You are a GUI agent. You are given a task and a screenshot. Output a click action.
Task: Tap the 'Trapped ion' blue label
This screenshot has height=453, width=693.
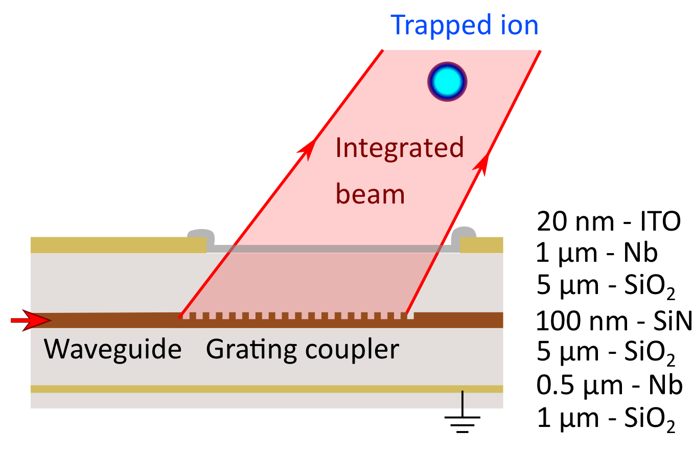tap(464, 25)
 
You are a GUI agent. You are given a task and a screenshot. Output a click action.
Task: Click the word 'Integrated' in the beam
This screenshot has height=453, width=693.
tap(399, 149)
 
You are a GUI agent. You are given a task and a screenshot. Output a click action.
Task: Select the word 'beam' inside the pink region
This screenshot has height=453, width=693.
tap(370, 194)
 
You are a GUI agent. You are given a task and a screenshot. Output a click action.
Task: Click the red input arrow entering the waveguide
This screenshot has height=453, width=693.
tap(31, 321)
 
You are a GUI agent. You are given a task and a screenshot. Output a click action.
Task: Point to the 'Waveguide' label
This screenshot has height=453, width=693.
tap(112, 350)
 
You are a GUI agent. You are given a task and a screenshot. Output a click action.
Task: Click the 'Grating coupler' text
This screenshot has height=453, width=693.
tap(302, 350)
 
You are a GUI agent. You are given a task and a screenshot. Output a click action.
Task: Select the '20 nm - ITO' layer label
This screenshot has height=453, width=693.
tap(609, 223)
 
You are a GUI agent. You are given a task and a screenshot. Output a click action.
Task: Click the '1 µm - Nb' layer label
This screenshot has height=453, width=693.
tap(596, 254)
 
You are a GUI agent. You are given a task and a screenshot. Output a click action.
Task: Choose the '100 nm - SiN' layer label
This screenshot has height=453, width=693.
tap(613, 322)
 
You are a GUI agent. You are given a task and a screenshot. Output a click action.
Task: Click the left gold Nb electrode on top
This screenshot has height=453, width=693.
tap(118, 245)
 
